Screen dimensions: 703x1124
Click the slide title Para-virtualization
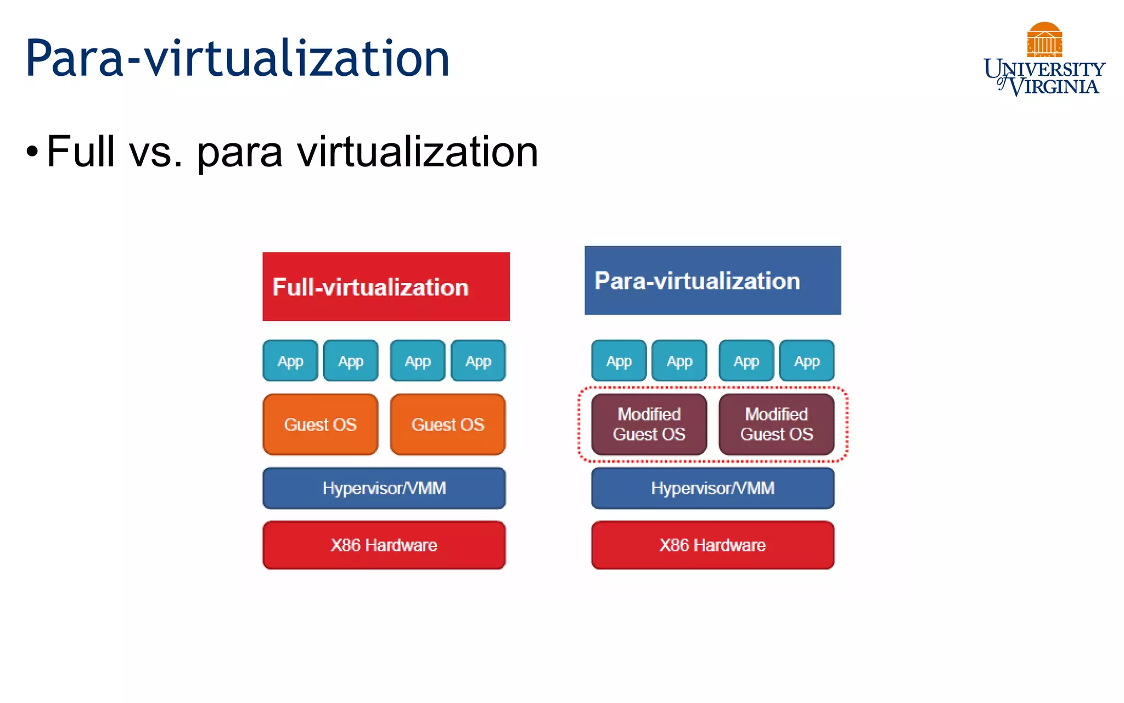(x=237, y=58)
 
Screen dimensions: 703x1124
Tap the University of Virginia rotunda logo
(x=1044, y=40)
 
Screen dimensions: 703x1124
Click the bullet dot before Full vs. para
(x=32, y=152)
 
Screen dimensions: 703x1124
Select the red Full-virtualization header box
(x=386, y=286)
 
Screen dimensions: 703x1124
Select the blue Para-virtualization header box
(x=712, y=280)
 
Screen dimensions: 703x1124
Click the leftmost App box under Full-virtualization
(x=290, y=361)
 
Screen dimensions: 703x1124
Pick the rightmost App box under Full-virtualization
(x=478, y=361)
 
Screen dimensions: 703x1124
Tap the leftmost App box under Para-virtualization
(x=619, y=361)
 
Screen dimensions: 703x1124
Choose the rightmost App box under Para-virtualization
(x=807, y=361)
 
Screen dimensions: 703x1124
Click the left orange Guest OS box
(x=321, y=424)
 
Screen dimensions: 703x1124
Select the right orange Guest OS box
(x=448, y=424)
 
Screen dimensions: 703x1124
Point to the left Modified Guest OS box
(x=649, y=424)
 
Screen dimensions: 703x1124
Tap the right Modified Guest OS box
(x=777, y=424)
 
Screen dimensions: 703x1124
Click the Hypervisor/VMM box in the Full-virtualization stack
(x=384, y=488)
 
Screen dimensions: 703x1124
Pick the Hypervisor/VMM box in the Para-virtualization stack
(x=713, y=488)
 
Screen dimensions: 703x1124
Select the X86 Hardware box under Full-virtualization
(x=384, y=545)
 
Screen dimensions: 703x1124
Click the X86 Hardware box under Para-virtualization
(x=713, y=545)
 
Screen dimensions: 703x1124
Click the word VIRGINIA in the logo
(x=1054, y=87)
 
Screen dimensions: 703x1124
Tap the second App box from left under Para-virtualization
(x=679, y=361)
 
